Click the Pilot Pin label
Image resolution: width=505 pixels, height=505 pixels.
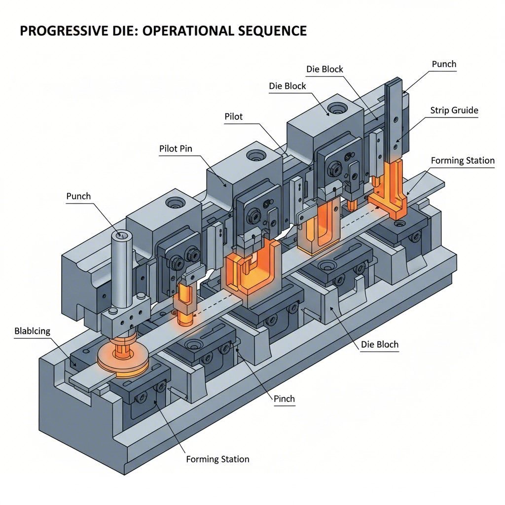(x=176, y=148)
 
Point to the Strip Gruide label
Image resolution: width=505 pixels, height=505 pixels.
(x=454, y=110)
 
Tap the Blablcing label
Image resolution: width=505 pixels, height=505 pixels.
(x=32, y=331)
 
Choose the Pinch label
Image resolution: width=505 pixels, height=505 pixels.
(x=284, y=398)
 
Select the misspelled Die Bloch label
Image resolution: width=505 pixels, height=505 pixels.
(x=376, y=345)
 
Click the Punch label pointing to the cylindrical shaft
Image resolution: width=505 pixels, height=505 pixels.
(x=78, y=196)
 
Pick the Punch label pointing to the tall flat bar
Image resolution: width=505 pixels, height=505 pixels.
(x=444, y=64)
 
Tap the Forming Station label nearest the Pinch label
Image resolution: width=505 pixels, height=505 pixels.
(x=217, y=459)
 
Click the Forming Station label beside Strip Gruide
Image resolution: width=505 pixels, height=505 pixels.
(x=462, y=160)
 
